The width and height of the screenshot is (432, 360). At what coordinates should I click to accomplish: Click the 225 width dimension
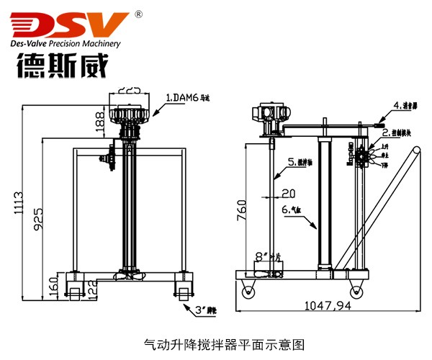pyautogui.click(x=129, y=91)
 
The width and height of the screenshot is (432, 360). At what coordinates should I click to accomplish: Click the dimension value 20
pyautogui.click(x=288, y=193)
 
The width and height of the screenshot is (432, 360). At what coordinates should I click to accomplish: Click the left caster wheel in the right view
pyautogui.click(x=248, y=290)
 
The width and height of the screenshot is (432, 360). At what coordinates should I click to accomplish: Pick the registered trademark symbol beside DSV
pyautogui.click(x=139, y=12)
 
